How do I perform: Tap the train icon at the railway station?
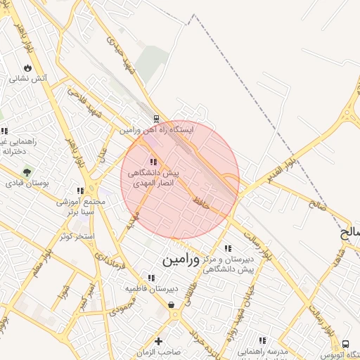[156, 118]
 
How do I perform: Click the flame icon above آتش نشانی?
[27, 67]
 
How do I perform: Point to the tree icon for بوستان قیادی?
[27, 171]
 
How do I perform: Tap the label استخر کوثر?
[78, 236]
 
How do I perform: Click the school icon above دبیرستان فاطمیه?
[152, 278]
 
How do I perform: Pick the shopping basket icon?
[172, 304]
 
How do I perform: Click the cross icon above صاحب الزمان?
[159, 341]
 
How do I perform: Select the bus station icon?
[345, 344]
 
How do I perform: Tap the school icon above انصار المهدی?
[153, 162]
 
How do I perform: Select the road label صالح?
[317, 205]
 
